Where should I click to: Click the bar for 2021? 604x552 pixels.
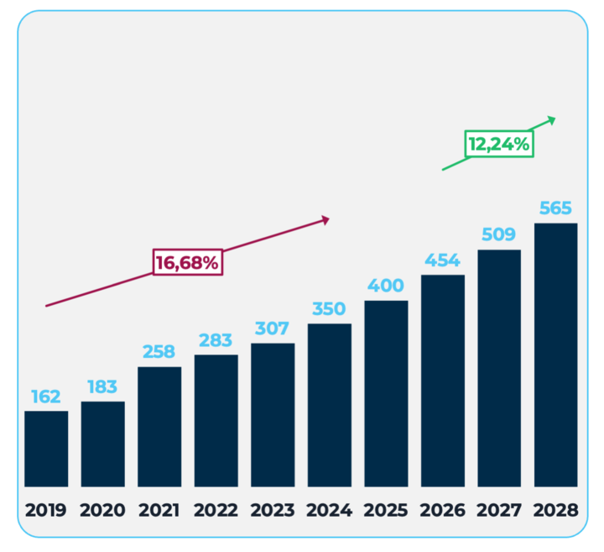point(159,426)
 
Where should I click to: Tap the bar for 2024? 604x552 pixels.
point(329,405)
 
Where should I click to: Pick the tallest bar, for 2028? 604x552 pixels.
point(555,355)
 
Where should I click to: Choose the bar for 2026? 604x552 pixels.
point(442,381)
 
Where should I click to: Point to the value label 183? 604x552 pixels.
point(103,387)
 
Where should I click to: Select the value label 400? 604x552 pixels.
point(386,286)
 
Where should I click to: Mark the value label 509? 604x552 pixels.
point(499,234)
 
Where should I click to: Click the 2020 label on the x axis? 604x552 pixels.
point(103,510)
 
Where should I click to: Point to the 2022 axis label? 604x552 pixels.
point(216,510)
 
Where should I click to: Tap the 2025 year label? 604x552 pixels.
point(386,510)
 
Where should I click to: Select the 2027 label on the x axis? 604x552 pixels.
point(499,510)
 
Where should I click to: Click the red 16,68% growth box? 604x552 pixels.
point(187,262)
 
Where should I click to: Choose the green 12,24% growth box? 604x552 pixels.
point(499,144)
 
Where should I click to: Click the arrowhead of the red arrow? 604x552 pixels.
point(325,219)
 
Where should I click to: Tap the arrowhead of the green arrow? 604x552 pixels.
point(550,119)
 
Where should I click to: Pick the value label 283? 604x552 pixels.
point(216,340)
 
